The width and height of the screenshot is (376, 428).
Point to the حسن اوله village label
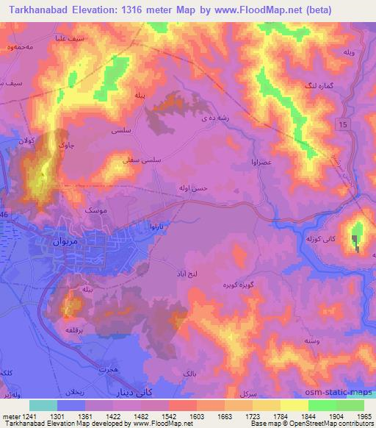click(x=195, y=188)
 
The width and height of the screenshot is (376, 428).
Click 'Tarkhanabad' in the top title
click(x=35, y=10)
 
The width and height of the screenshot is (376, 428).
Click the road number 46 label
click(x=4, y=214)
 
